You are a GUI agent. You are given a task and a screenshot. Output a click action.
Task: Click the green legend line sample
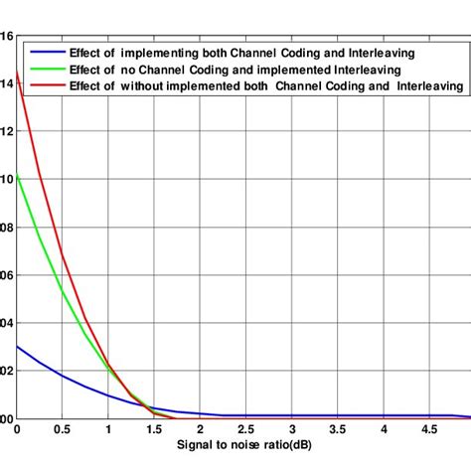pyautogui.click(x=45, y=70)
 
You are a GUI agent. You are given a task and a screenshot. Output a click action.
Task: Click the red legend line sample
pyautogui.click(x=45, y=86)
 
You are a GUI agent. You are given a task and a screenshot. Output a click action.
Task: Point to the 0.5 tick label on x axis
pyautogui.click(x=62, y=430)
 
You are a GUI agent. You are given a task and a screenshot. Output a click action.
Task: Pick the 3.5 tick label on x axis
pyautogui.click(x=337, y=430)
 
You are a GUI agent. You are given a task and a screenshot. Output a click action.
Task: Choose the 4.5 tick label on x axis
pyautogui.click(x=428, y=430)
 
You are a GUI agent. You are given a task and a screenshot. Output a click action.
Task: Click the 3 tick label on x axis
pyautogui.click(x=291, y=430)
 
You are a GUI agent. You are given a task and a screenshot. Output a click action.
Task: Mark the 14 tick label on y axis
pyautogui.click(x=7, y=83)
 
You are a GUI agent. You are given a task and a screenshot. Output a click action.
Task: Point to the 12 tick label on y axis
pyautogui.click(x=7, y=131)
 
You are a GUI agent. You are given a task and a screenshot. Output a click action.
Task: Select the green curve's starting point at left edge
pyautogui.click(x=17, y=175)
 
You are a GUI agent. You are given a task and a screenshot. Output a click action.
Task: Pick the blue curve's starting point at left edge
pyautogui.click(x=17, y=346)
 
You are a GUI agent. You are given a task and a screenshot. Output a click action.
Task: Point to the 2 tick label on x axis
pyautogui.click(x=200, y=430)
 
